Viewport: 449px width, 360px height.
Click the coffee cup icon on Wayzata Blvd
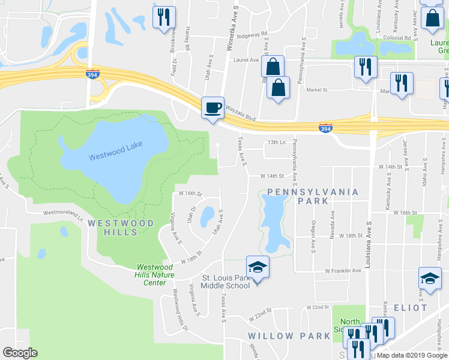click(212, 108)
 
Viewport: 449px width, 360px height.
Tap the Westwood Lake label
click(114, 157)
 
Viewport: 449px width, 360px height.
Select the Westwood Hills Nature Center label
click(155, 275)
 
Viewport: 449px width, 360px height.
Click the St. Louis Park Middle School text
click(225, 282)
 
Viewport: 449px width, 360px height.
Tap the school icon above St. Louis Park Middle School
click(258, 266)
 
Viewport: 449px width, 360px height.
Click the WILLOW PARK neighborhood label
click(289, 336)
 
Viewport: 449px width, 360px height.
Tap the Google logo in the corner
click(20, 353)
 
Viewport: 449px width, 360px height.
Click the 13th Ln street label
click(274, 142)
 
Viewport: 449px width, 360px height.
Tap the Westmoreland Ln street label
click(63, 214)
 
